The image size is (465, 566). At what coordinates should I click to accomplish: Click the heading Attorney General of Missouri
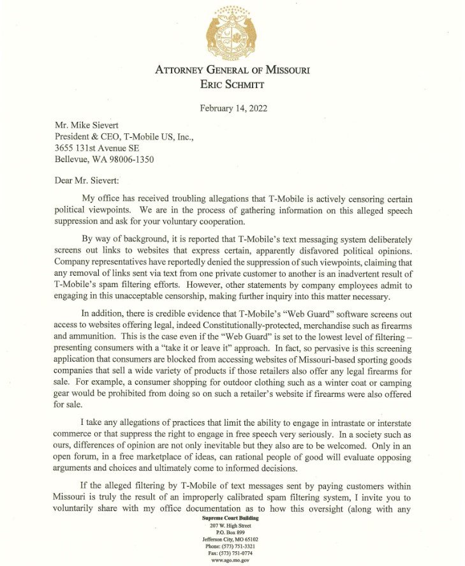click(232, 70)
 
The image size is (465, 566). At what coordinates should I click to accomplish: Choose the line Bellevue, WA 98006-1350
click(103, 160)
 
